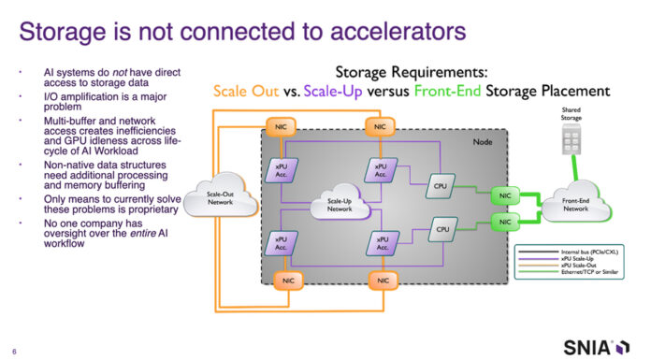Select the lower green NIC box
(505, 223)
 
